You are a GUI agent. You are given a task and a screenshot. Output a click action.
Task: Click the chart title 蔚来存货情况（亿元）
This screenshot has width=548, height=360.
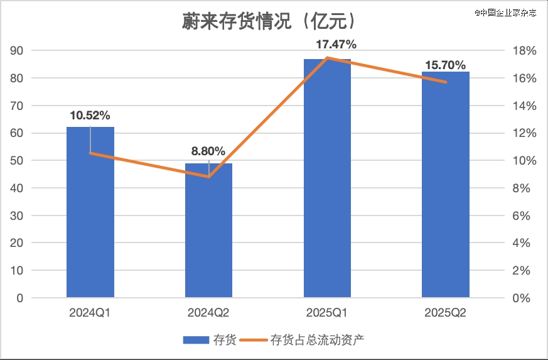[269, 22]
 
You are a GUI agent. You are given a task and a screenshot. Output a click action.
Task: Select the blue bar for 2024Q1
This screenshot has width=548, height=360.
[90, 214]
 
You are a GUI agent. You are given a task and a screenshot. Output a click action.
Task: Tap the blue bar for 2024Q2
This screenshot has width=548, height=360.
[208, 232]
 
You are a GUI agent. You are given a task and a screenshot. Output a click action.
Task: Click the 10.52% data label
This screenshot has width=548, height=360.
[90, 116]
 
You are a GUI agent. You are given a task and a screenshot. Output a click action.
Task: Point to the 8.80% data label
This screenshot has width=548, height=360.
[208, 151]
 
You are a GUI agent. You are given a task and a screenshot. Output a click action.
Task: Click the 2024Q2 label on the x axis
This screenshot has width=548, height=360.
[208, 312]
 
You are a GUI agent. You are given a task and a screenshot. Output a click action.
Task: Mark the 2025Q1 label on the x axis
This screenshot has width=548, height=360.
[327, 312]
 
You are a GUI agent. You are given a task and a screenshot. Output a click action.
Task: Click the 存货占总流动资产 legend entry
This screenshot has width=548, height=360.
[308, 340]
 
